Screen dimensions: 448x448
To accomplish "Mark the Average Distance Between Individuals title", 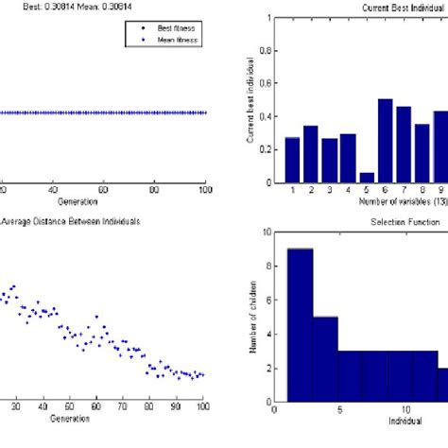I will tap(73, 221).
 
